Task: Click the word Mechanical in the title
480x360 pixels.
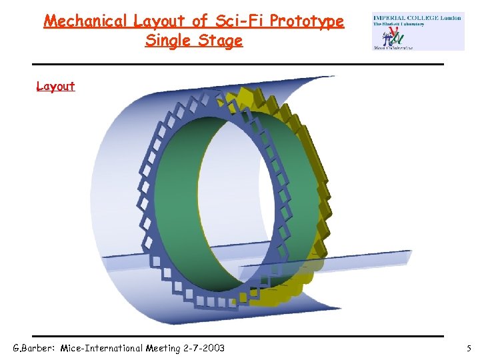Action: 85,21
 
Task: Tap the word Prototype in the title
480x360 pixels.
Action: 306,21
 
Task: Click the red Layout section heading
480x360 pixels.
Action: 55,87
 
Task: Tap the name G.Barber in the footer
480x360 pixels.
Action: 34,348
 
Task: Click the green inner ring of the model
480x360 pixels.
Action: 180,200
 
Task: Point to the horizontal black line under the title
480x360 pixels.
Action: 240,64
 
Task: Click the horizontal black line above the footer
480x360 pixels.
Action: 240,335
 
